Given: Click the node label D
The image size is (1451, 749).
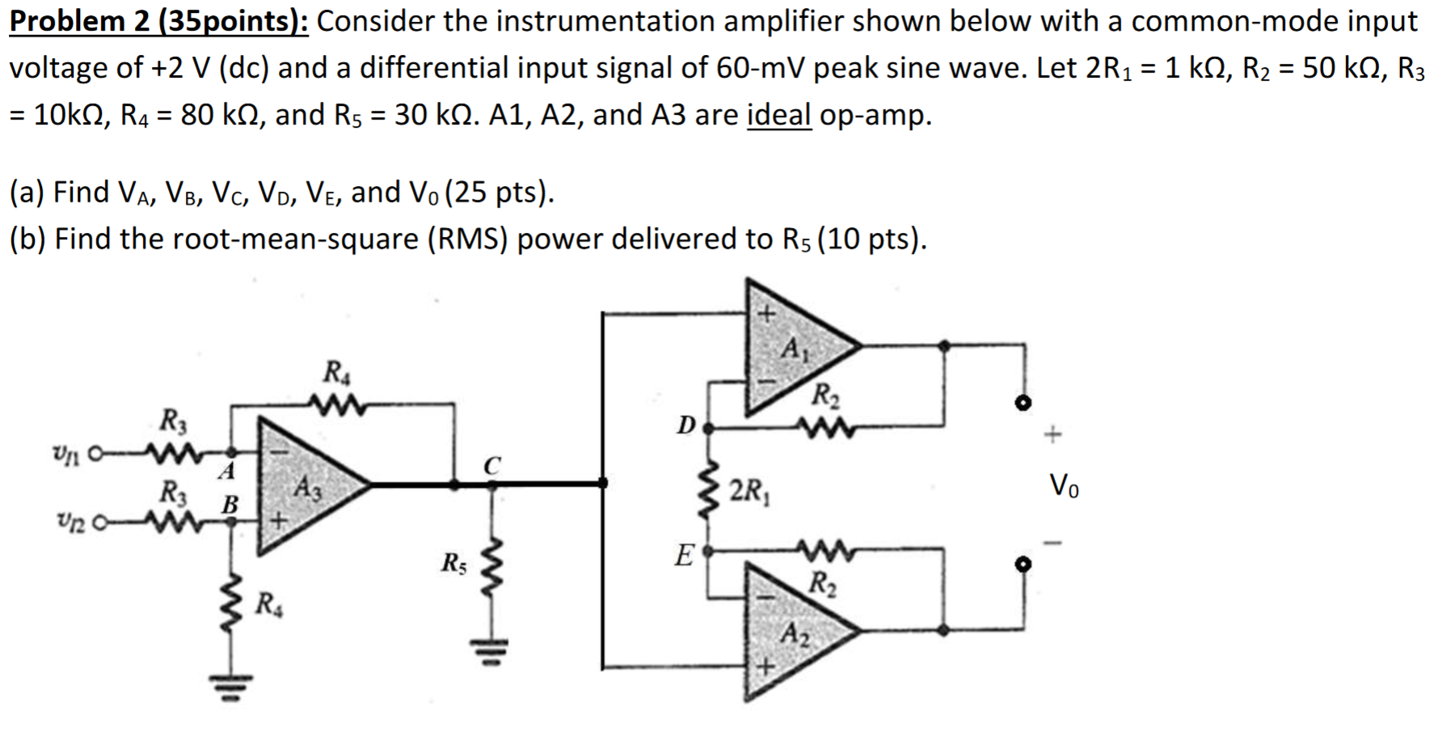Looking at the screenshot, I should [685, 425].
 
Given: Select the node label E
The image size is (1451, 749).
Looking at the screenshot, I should [684, 556].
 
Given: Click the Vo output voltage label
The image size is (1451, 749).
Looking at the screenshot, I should [1063, 487].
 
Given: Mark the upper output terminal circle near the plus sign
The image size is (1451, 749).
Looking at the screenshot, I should [1023, 403].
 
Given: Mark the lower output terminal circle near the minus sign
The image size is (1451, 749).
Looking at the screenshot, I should [1023, 565].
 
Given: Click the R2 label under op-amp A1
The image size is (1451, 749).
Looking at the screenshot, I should [825, 396].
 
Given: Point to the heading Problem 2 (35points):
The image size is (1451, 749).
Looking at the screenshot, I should [158, 21].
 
